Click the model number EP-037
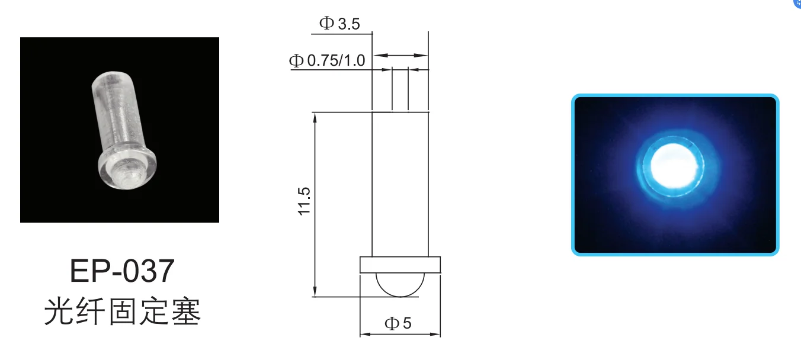coord(122,271)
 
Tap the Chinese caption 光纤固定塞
coord(123,312)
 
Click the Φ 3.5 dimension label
coord(339,24)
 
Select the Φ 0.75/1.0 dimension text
coord(327,60)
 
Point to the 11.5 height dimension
coord(305,202)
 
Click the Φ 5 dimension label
coord(398,323)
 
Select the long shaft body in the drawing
coord(400,184)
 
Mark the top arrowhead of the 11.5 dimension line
coord(315,116)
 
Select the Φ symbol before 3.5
coord(326,24)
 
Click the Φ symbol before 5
coord(392,323)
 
